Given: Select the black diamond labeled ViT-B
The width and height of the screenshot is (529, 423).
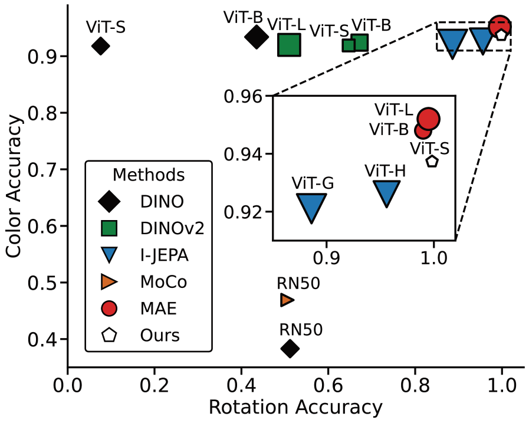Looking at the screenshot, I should (x=256, y=37).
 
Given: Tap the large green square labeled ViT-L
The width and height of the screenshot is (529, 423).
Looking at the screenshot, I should (x=289, y=45).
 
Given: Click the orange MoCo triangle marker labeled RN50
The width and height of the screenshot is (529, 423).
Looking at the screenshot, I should (x=287, y=300).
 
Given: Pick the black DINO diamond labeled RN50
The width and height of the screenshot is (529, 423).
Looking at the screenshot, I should (x=290, y=349).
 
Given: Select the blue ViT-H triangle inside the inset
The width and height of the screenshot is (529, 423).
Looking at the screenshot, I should (x=386, y=192).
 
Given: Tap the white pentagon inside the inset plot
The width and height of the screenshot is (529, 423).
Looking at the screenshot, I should (x=432, y=161).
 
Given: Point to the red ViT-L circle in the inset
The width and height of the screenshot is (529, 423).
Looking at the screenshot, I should (x=429, y=119).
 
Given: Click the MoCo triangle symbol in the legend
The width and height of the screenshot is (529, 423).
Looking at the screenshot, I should (x=110, y=282).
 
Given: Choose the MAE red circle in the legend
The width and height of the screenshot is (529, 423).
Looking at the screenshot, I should (x=110, y=308).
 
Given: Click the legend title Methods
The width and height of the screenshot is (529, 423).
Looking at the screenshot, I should (x=149, y=175).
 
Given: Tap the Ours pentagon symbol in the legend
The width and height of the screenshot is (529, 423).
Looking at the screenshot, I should (x=110, y=335).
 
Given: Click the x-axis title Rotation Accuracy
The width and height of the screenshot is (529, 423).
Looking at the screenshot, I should (x=295, y=408).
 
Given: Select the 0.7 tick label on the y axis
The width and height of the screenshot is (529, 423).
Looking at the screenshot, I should (x=42, y=170).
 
